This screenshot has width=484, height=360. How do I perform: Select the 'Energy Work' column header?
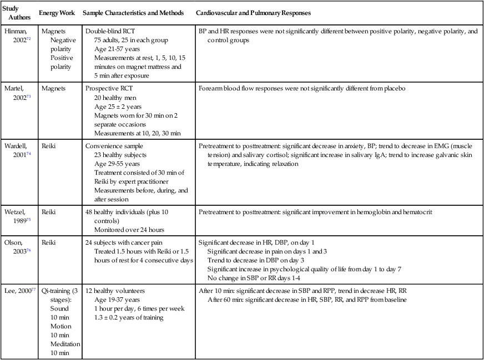(57, 13)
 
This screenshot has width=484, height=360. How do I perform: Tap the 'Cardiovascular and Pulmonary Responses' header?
(255, 13)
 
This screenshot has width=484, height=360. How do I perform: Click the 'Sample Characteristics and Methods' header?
(133, 13)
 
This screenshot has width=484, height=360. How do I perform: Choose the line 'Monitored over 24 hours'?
(128, 229)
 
